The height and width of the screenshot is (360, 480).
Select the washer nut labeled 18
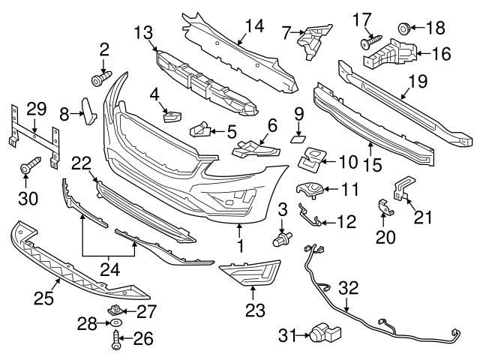pos(402,29)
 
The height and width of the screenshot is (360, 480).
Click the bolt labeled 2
pos(101,77)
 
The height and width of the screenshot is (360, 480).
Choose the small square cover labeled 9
pos(298,137)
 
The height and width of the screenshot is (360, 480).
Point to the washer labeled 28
pos(116,322)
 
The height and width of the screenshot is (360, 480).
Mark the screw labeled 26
pos(116,341)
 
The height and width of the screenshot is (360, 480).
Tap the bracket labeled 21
pos(403,187)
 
